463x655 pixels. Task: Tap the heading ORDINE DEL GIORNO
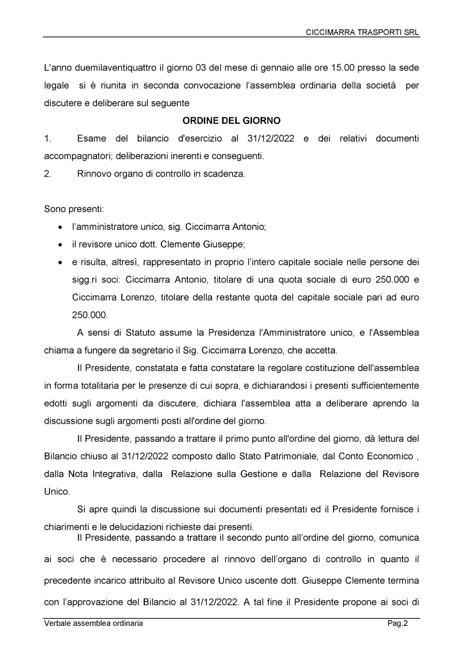click(231, 121)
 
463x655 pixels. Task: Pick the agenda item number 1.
click(48, 138)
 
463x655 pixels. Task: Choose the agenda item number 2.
click(48, 174)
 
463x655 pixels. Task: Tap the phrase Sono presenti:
click(74, 209)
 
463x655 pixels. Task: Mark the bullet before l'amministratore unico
click(60, 227)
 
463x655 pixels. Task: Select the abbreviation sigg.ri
click(84, 280)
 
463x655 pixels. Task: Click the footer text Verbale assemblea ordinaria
click(94, 623)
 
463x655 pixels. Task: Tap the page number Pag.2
click(398, 623)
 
